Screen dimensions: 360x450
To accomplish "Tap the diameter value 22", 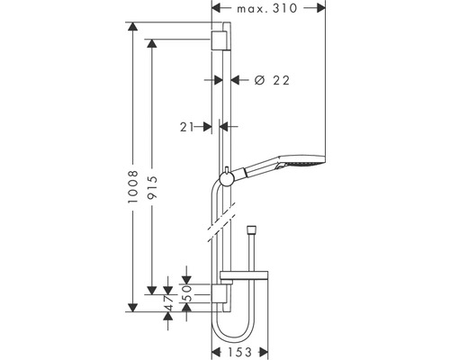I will (279, 80).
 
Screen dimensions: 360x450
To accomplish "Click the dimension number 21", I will (187, 128).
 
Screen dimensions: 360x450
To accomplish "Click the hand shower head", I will (301, 166).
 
